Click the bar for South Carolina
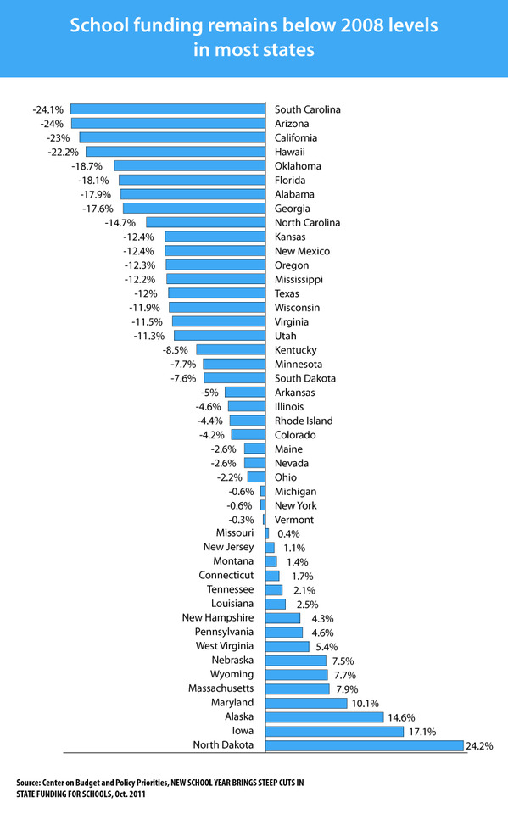168,109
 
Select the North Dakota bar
365,745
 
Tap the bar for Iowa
334,732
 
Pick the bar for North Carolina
206,222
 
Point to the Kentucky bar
231,349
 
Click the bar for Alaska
324,717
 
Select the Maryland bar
306,703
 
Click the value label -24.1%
47,109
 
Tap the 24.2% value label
479,745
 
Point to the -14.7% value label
120,222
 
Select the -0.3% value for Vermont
241,520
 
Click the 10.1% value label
366,704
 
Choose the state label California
296,138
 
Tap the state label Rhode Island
304,421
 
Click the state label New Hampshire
218,618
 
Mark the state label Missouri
235,533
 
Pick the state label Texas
287,293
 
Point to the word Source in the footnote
28,783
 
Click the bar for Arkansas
245,392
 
